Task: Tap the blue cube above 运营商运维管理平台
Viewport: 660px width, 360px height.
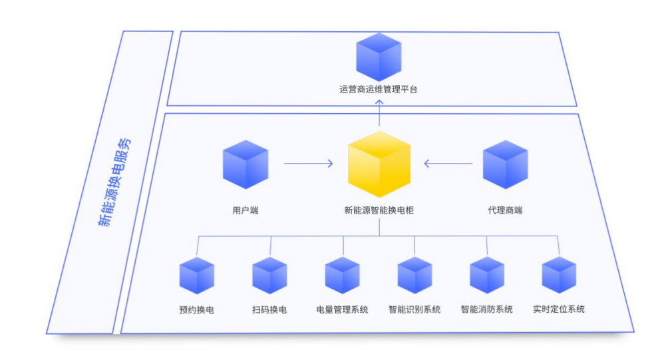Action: [379, 57]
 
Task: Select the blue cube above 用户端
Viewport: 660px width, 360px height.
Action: [245, 164]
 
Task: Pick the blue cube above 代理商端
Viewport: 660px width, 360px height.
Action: [505, 164]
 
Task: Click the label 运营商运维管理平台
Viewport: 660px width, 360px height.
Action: [378, 89]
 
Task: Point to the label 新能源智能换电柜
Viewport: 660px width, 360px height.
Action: [379, 210]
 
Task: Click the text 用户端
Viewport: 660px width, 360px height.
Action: [245, 210]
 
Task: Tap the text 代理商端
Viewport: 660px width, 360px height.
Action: [505, 210]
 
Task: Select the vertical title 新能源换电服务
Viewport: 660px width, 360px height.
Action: [114, 183]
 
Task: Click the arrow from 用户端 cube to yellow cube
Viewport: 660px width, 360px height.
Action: [308, 163]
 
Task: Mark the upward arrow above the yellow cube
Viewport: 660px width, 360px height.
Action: [379, 113]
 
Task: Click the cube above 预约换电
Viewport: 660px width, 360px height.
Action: [197, 275]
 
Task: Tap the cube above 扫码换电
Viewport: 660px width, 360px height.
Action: [269, 275]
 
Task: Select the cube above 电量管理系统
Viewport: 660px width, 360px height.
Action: [342, 275]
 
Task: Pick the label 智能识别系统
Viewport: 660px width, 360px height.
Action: [414, 309]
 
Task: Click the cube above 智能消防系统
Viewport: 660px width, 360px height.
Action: [487, 275]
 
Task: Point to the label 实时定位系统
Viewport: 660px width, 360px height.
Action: [559, 309]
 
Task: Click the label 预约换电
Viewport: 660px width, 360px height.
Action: [197, 309]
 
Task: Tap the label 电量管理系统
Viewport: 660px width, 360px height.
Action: [342, 309]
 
